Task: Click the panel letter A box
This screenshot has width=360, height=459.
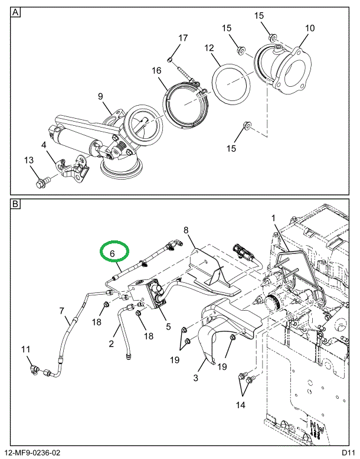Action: point(16,12)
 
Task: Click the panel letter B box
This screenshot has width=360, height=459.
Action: point(16,204)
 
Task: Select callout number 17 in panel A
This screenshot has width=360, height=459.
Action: point(183,38)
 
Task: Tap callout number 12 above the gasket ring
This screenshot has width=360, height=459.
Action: point(208,47)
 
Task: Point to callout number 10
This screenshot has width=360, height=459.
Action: point(309,28)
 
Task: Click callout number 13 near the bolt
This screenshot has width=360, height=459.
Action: point(29,160)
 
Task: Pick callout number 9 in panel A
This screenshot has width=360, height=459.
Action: point(100,96)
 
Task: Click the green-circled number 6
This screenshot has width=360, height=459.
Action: point(114,253)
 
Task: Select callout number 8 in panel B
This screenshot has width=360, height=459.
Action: point(185,230)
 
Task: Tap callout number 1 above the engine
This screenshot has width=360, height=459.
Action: point(273,218)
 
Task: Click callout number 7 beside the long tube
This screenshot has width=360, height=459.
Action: point(61,310)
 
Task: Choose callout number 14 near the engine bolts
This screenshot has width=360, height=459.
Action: point(240,405)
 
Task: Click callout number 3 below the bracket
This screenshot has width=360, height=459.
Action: point(197,377)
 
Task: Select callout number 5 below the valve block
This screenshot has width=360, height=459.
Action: point(168,325)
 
